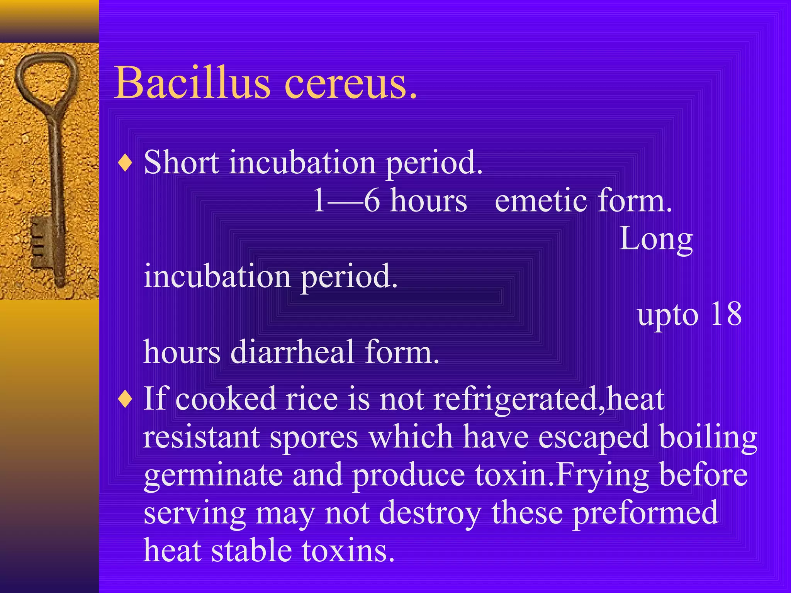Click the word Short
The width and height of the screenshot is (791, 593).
182,163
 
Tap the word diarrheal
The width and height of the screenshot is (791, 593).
292,352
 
